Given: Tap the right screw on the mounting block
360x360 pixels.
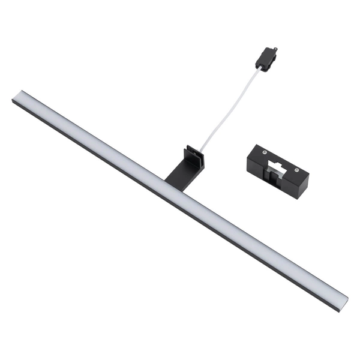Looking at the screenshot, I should pos(296,170).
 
